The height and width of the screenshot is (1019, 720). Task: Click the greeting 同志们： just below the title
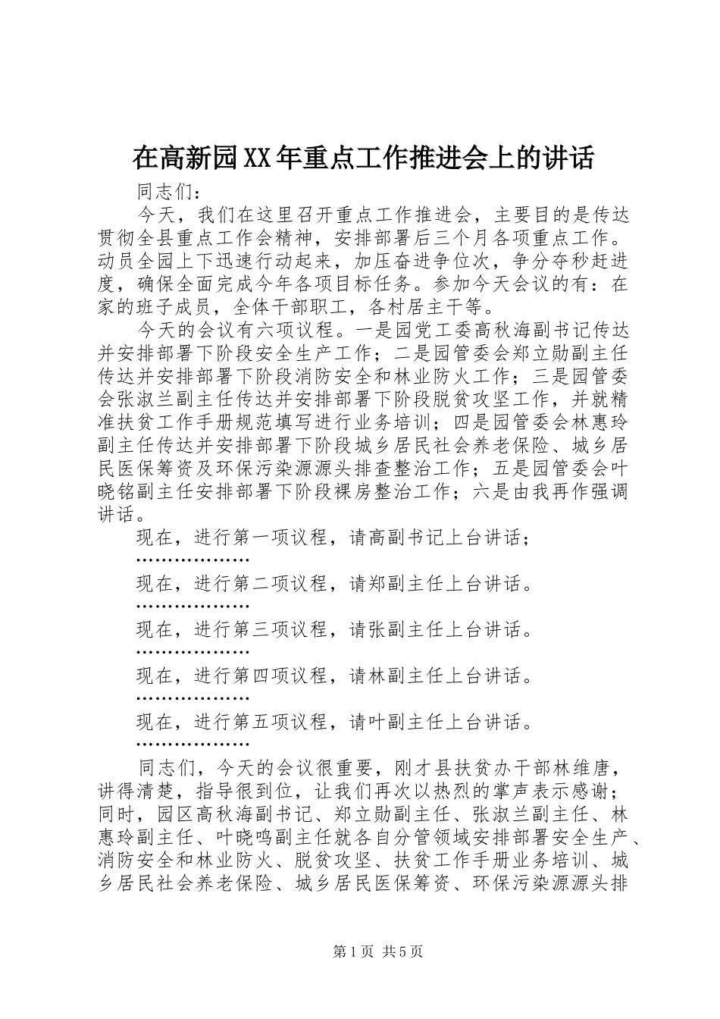[166, 191]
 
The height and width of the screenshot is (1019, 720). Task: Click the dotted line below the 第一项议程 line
[193, 560]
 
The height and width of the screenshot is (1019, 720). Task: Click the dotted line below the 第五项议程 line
[193, 745]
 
